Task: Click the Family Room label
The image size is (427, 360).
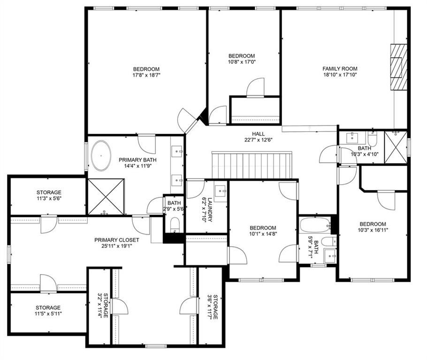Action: (x=340, y=69)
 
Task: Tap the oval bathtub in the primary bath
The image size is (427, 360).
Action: (x=101, y=156)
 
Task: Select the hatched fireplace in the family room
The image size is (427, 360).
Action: (x=399, y=67)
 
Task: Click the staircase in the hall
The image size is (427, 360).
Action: (x=252, y=165)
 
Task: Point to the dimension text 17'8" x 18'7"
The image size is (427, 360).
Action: (x=146, y=75)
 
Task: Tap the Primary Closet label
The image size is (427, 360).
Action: (x=116, y=240)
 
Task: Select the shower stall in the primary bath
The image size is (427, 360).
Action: (x=106, y=196)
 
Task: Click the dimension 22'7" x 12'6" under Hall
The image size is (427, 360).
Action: (x=258, y=140)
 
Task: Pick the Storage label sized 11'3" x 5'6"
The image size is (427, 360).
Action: (x=49, y=192)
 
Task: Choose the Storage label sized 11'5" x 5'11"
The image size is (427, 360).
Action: (x=48, y=307)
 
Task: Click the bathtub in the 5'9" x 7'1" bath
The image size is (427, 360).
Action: (x=315, y=225)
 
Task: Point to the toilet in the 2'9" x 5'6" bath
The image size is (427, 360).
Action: (x=175, y=225)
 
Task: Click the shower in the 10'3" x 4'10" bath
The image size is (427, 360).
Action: (x=396, y=147)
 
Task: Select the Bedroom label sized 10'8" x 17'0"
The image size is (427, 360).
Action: (x=242, y=56)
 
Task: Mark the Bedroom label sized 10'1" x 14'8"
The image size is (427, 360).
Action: (x=263, y=228)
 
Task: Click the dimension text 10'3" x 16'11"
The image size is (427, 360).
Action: (x=373, y=230)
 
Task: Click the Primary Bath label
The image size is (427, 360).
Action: (x=137, y=160)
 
